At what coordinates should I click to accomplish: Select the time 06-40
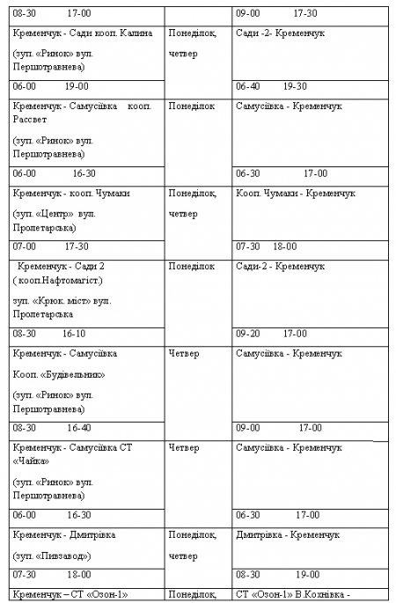pos(248,86)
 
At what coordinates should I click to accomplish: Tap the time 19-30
pos(295,86)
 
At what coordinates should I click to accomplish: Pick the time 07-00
pos(25,247)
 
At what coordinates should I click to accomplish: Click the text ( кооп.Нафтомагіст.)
pos(59,280)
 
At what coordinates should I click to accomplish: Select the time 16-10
pos(74,335)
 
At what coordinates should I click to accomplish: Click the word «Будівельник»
pos(72,374)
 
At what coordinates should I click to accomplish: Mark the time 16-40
pos(79,428)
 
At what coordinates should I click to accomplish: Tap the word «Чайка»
pos(32,462)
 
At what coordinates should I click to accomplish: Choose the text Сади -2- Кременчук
pos(280,33)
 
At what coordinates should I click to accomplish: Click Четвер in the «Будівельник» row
pos(184,354)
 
